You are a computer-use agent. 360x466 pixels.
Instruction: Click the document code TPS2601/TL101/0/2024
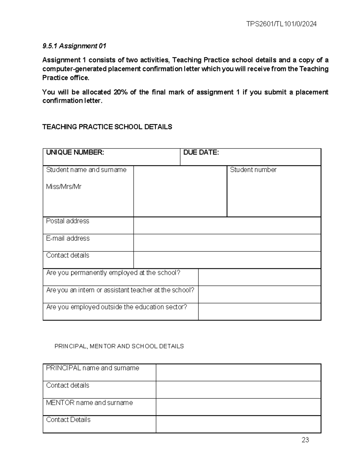(x=281, y=24)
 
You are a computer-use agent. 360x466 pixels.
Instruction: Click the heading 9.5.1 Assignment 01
(x=74, y=46)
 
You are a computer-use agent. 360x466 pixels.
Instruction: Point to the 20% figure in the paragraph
(x=120, y=92)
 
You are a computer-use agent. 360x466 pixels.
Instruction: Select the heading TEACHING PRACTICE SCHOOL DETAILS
(x=107, y=127)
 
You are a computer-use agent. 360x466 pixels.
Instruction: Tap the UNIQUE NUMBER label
(x=75, y=152)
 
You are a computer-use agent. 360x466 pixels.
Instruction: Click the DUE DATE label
(x=201, y=152)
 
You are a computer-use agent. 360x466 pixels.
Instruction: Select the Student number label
(x=253, y=170)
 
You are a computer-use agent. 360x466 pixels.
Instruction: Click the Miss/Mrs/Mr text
(x=64, y=187)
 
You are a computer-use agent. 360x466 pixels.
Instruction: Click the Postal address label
(x=67, y=221)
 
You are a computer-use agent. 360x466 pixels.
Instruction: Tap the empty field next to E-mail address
(x=227, y=243)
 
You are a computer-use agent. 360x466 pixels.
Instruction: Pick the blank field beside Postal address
(x=227, y=226)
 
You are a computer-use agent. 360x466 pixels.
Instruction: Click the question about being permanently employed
(x=113, y=273)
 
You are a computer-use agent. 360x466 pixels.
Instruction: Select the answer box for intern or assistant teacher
(x=259, y=294)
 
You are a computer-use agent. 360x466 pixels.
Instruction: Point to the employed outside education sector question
(x=116, y=307)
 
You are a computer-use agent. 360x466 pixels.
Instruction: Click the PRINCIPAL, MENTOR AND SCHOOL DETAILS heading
(x=119, y=346)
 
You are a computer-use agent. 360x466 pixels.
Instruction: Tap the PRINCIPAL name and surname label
(x=92, y=368)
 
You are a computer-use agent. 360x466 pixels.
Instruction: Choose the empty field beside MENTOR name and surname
(x=238, y=407)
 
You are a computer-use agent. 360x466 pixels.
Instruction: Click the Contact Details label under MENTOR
(x=68, y=420)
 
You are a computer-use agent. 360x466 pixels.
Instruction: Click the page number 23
(x=305, y=440)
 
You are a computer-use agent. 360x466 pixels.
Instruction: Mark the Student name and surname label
(x=86, y=170)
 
